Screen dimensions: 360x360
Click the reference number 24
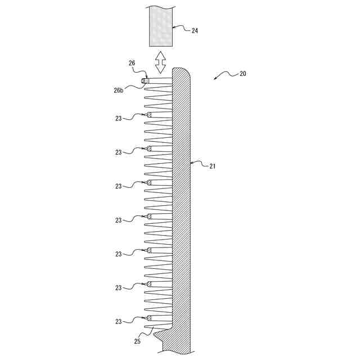pos(195,30)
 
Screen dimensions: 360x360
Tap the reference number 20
pos(242,74)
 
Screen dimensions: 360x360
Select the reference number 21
pos(213,166)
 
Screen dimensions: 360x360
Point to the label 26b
pos(119,91)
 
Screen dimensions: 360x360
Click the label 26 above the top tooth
pos(132,63)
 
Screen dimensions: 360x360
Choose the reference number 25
pos(137,341)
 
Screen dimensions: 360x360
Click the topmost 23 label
pos(119,119)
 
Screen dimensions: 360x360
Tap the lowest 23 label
pos(119,322)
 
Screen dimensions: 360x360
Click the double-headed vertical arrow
pos(160,62)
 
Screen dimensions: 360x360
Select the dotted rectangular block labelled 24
pos(161,26)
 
